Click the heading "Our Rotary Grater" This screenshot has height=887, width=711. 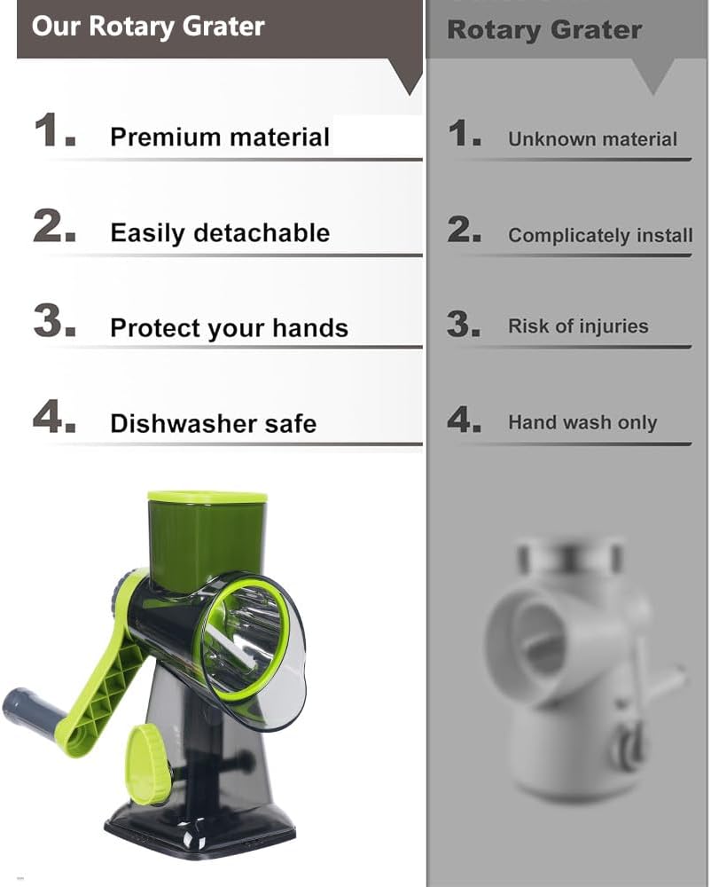(x=148, y=26)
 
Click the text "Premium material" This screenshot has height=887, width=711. (x=219, y=137)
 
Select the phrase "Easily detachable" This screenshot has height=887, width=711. (x=219, y=233)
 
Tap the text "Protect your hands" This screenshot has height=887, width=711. (x=229, y=328)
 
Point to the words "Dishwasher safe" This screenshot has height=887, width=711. (x=213, y=424)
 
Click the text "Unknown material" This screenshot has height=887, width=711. (x=592, y=139)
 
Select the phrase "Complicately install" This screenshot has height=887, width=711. (x=600, y=236)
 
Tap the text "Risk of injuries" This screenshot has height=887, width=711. (x=578, y=326)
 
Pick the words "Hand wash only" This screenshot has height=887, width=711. (x=582, y=423)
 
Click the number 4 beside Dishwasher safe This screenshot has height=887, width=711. (x=53, y=417)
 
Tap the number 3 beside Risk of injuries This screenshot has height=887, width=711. (x=464, y=324)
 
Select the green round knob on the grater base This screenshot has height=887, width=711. (x=147, y=764)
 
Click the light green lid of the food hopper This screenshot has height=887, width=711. (x=207, y=497)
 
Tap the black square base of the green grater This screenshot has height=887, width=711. (x=199, y=829)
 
